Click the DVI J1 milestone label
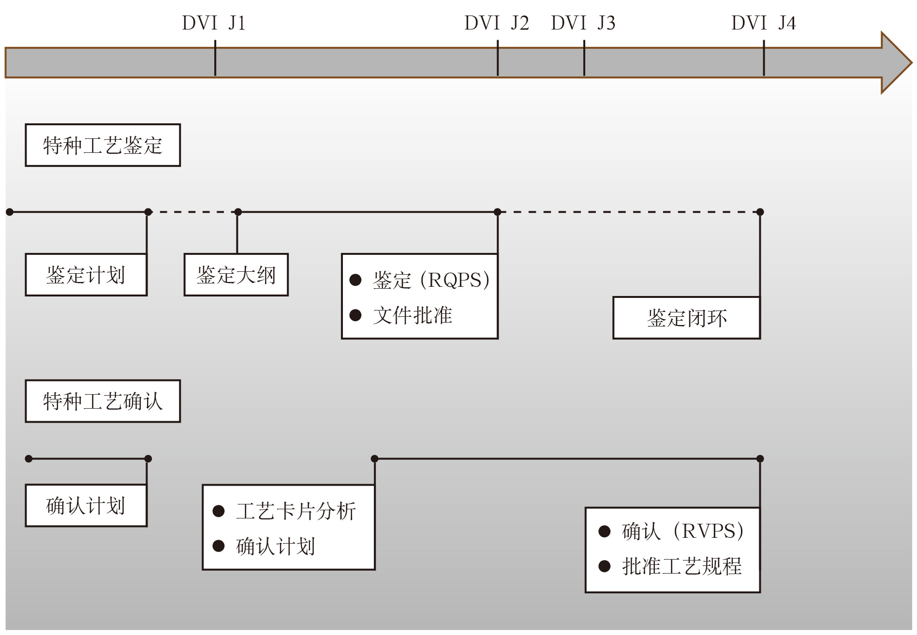pos(214,23)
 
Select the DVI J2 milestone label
pos(497,23)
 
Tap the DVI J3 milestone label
pos(583,23)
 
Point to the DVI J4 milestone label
pos(764,23)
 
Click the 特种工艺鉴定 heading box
pos(103,145)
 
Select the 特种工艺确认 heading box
pos(103,401)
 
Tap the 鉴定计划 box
pos(86,275)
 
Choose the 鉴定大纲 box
pos(236,275)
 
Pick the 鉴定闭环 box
pos(686,318)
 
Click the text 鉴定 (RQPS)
pos(431,280)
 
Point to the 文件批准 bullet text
pos(413,315)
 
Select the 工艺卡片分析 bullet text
pos(296,511)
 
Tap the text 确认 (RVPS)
pos(682,531)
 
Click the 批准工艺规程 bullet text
pos(681,566)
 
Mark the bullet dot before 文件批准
pos(355,315)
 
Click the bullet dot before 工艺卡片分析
pos(219,511)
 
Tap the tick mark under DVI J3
pos(584,58)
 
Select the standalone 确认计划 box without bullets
pos(86,505)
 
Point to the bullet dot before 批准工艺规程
pos(605,566)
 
